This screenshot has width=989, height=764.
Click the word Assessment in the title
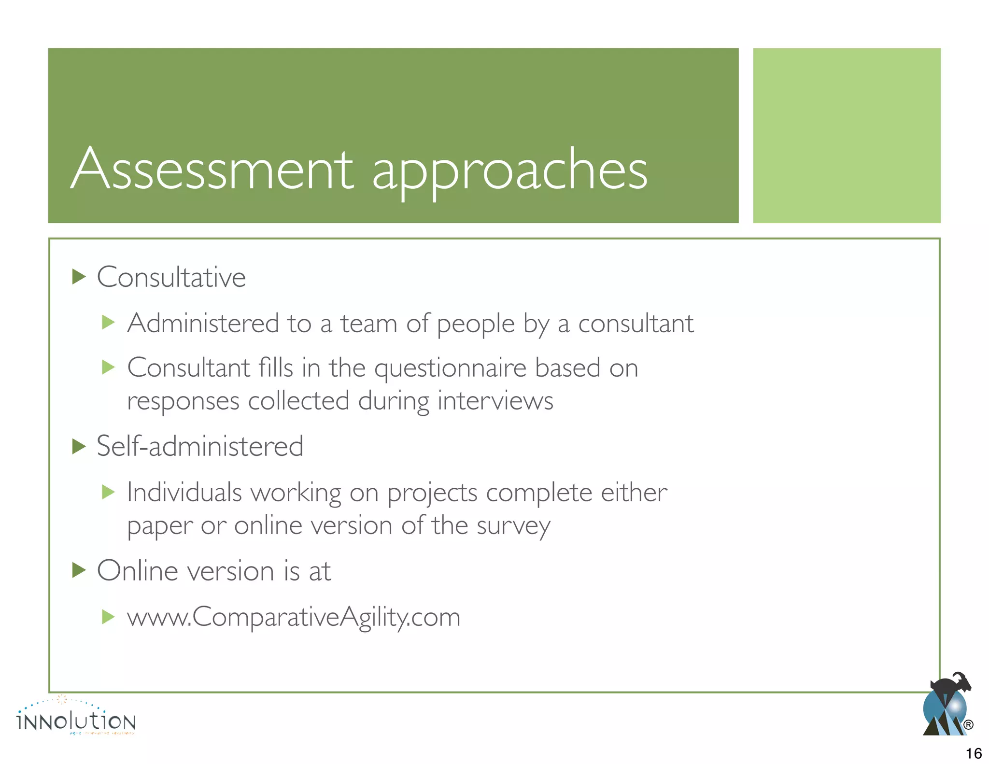click(212, 169)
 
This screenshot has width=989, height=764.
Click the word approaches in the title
click(509, 171)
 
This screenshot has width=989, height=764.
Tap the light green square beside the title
click(847, 135)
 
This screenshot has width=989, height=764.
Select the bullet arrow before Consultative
click(79, 277)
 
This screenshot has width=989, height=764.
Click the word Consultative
click(171, 277)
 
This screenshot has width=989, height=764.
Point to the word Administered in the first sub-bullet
click(203, 323)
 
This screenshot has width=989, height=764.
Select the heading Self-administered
click(200, 446)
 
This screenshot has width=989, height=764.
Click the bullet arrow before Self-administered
click(79, 446)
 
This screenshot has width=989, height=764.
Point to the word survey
click(513, 526)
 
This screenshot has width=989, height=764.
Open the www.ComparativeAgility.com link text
click(294, 617)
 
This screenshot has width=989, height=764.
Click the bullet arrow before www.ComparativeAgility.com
click(109, 617)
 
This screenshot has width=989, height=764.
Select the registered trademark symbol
click(968, 724)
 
